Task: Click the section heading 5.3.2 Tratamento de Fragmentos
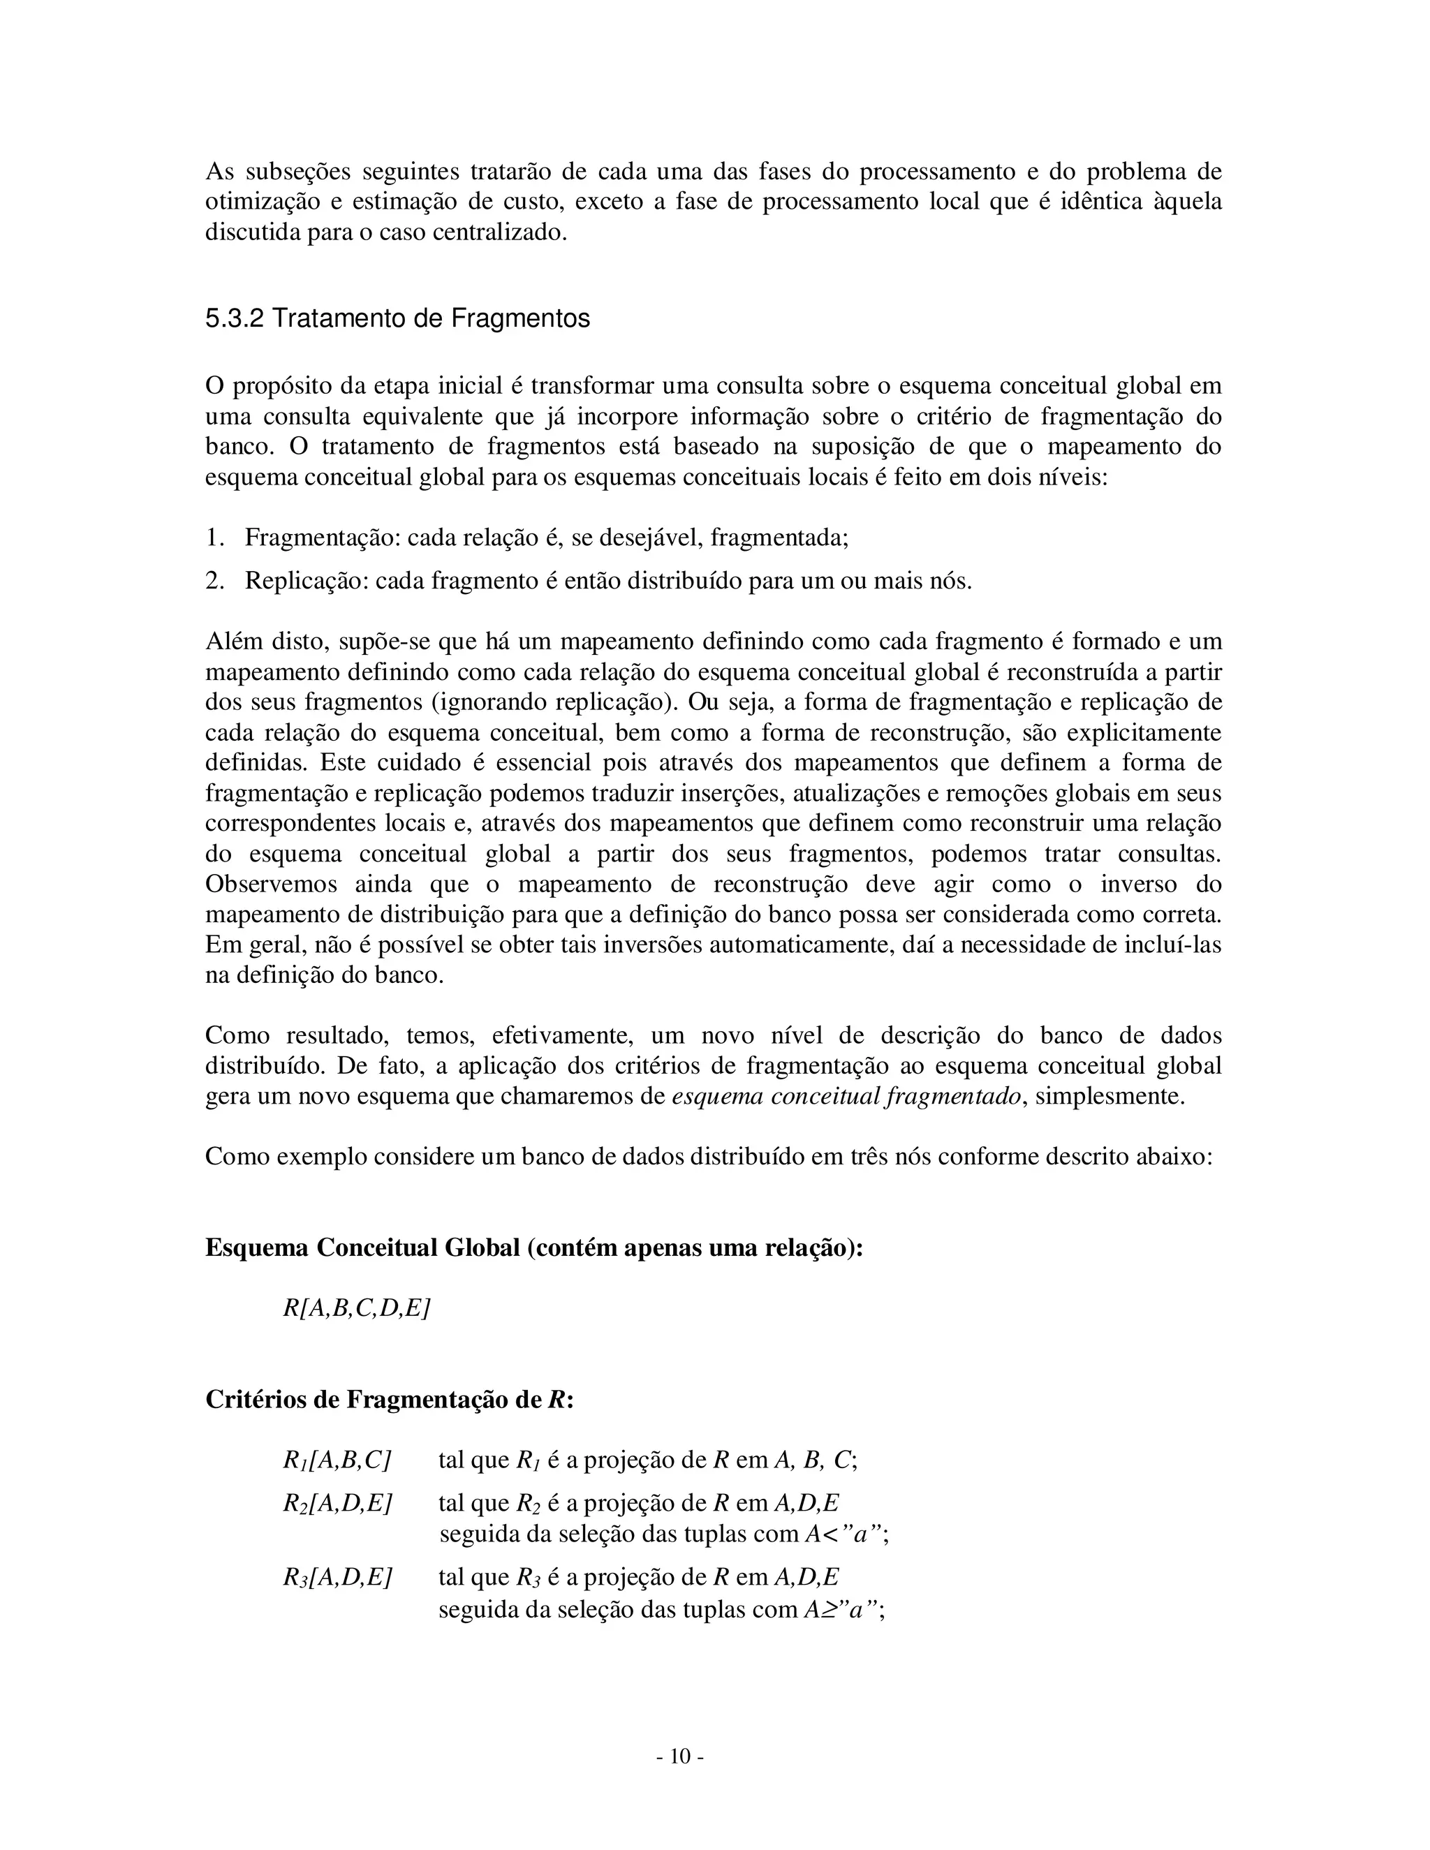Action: [397, 319]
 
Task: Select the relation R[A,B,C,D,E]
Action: [357, 1309]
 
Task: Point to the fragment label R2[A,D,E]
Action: [337, 1504]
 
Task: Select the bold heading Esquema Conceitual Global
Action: [362, 1249]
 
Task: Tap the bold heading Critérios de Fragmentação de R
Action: [389, 1399]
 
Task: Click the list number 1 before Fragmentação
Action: [214, 538]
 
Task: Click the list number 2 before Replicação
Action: [214, 581]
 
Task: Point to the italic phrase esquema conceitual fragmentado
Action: [846, 1097]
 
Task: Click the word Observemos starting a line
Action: [271, 885]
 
